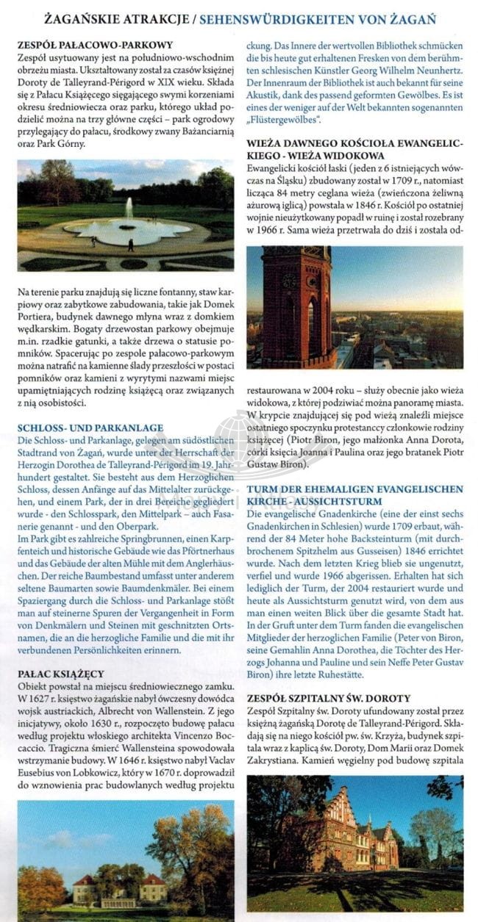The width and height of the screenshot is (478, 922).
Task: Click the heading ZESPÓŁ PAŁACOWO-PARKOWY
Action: coord(95,45)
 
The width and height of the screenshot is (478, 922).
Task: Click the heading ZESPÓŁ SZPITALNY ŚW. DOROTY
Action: coord(328,698)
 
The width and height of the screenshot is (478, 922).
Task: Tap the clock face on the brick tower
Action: coord(288,281)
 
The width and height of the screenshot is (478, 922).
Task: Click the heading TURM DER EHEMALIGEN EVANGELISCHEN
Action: coord(354,489)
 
